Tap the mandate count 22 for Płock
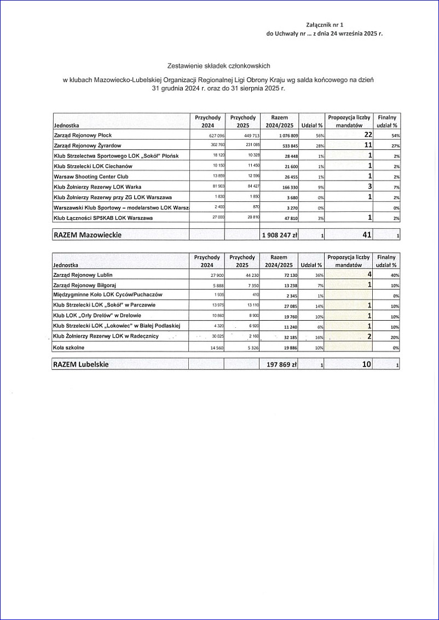coord(368,135)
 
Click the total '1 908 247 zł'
coord(279,235)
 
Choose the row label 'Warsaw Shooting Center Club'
coord(91,177)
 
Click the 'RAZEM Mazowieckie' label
coord(88,235)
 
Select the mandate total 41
coord(367,235)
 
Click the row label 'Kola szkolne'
coord(68,347)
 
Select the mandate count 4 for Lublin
coord(370,274)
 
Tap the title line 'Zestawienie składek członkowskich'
coord(219,66)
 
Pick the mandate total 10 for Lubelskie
coord(367,364)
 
